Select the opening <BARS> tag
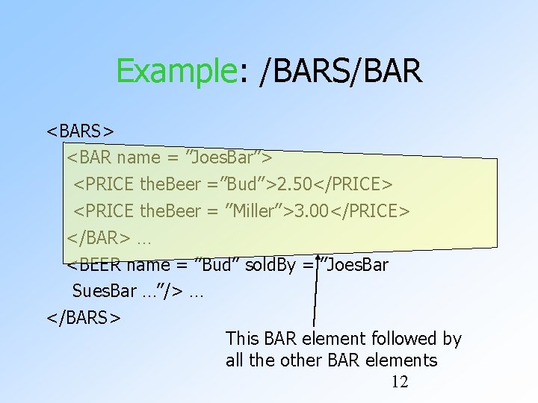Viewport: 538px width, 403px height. (81, 131)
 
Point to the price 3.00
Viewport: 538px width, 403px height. (312, 211)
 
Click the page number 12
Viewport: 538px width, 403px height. (400, 382)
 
